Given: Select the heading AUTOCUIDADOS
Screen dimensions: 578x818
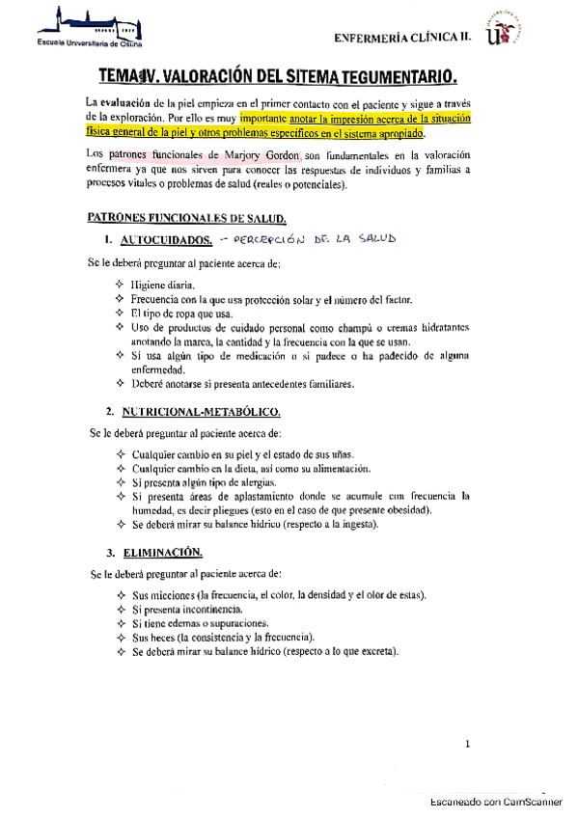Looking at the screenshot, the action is pos(162,241).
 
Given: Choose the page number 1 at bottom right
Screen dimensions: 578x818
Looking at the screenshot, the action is pos(467,744).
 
